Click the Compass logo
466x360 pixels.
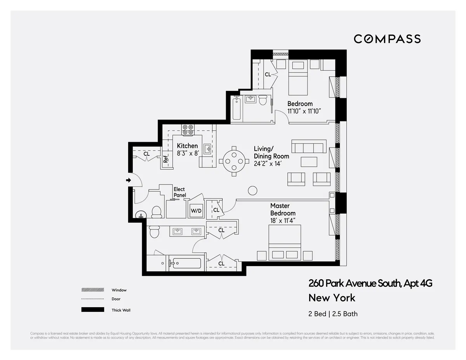pyautogui.click(x=387, y=39)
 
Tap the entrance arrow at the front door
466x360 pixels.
pyautogui.click(x=129, y=180)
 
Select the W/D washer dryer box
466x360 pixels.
pyautogui.click(x=196, y=210)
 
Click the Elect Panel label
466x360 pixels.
pyautogui.click(x=179, y=192)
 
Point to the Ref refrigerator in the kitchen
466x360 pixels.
pyautogui.click(x=166, y=159)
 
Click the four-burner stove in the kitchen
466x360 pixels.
pyautogui.click(x=188, y=129)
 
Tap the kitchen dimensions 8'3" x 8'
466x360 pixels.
pyautogui.click(x=188, y=153)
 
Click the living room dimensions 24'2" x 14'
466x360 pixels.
pyautogui.click(x=268, y=163)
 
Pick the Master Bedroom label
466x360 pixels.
pyautogui.click(x=283, y=209)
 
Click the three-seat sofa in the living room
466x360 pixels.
pyautogui.click(x=309, y=147)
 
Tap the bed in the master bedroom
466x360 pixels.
pyautogui.click(x=285, y=243)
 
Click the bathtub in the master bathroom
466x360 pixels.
pyautogui.click(x=187, y=263)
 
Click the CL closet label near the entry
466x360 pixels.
pyautogui.click(x=146, y=154)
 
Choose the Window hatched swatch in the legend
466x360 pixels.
pyautogui.click(x=92, y=290)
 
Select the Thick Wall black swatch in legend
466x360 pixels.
pyautogui.click(x=92, y=310)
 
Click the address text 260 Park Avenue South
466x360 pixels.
pyautogui.click(x=370, y=283)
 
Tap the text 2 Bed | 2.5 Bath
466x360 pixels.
pyautogui.click(x=333, y=314)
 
